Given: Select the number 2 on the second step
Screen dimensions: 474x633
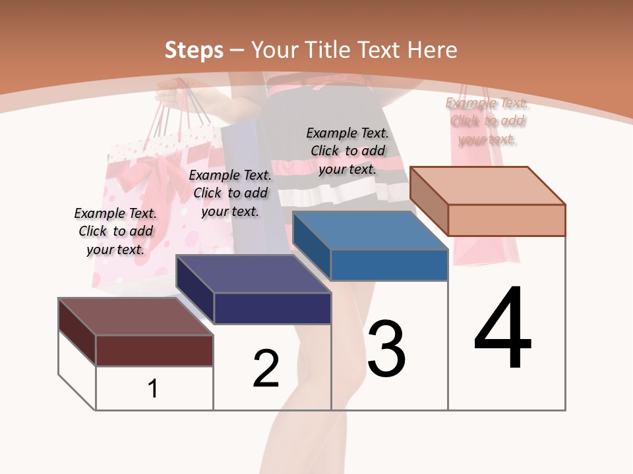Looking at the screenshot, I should click(266, 368).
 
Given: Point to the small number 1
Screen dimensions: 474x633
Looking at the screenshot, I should click(153, 388).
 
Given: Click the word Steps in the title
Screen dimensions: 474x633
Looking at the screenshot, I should click(194, 50).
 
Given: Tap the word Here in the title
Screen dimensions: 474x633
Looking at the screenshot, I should click(432, 50).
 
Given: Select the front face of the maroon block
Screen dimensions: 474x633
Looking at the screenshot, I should click(154, 350).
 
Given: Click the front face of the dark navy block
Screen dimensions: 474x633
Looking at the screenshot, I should click(272, 308).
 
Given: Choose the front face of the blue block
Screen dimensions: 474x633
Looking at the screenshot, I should click(389, 265).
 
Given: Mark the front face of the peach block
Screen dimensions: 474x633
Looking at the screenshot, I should click(506, 220).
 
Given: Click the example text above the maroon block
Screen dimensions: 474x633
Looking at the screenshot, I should click(115, 231).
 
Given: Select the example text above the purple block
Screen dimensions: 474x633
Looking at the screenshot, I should click(230, 193).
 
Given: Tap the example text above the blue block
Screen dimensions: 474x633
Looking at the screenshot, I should click(347, 151).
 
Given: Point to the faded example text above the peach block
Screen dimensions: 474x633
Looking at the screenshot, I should click(487, 120).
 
